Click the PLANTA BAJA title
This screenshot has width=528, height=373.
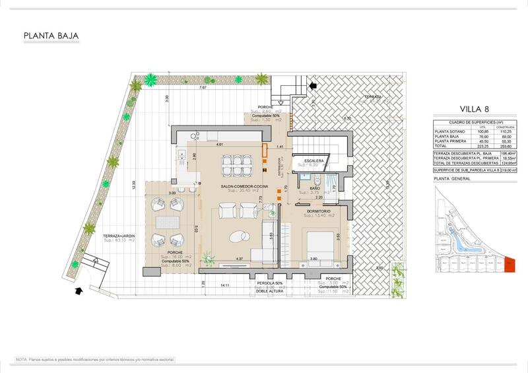[51, 36]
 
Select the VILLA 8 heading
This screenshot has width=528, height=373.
[475, 110]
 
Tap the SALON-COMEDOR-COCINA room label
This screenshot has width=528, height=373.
[245, 187]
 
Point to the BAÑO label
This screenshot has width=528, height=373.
[315, 189]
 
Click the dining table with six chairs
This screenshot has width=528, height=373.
[233, 163]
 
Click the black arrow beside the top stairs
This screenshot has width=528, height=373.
[312, 85]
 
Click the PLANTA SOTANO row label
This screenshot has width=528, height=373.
[448, 132]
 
